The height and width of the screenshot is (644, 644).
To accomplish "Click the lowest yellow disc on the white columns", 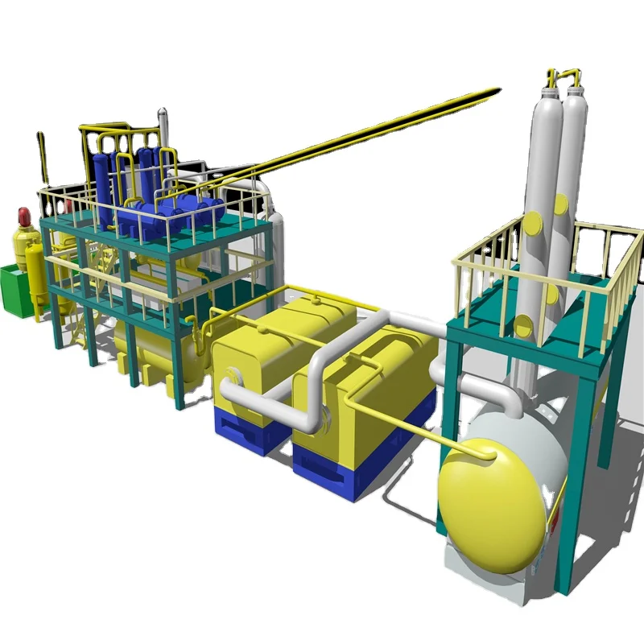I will pyautogui.click(x=524, y=326).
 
